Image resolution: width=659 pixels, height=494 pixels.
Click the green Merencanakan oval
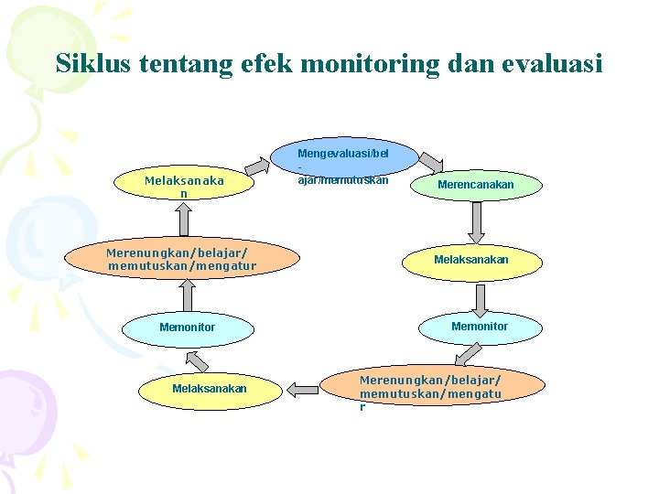coord(475,185)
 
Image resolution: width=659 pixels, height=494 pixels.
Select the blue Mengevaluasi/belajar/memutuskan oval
coord(346,166)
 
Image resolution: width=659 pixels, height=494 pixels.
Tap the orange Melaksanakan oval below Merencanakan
coord(470,260)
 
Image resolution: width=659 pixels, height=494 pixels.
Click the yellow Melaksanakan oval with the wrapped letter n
coord(184,187)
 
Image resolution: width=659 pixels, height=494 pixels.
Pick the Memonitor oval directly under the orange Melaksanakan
coord(479,327)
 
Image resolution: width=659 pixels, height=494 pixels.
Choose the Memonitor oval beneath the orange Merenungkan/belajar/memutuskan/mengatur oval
coord(187,328)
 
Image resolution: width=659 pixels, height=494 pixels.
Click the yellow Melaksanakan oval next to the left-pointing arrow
coord(210,389)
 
